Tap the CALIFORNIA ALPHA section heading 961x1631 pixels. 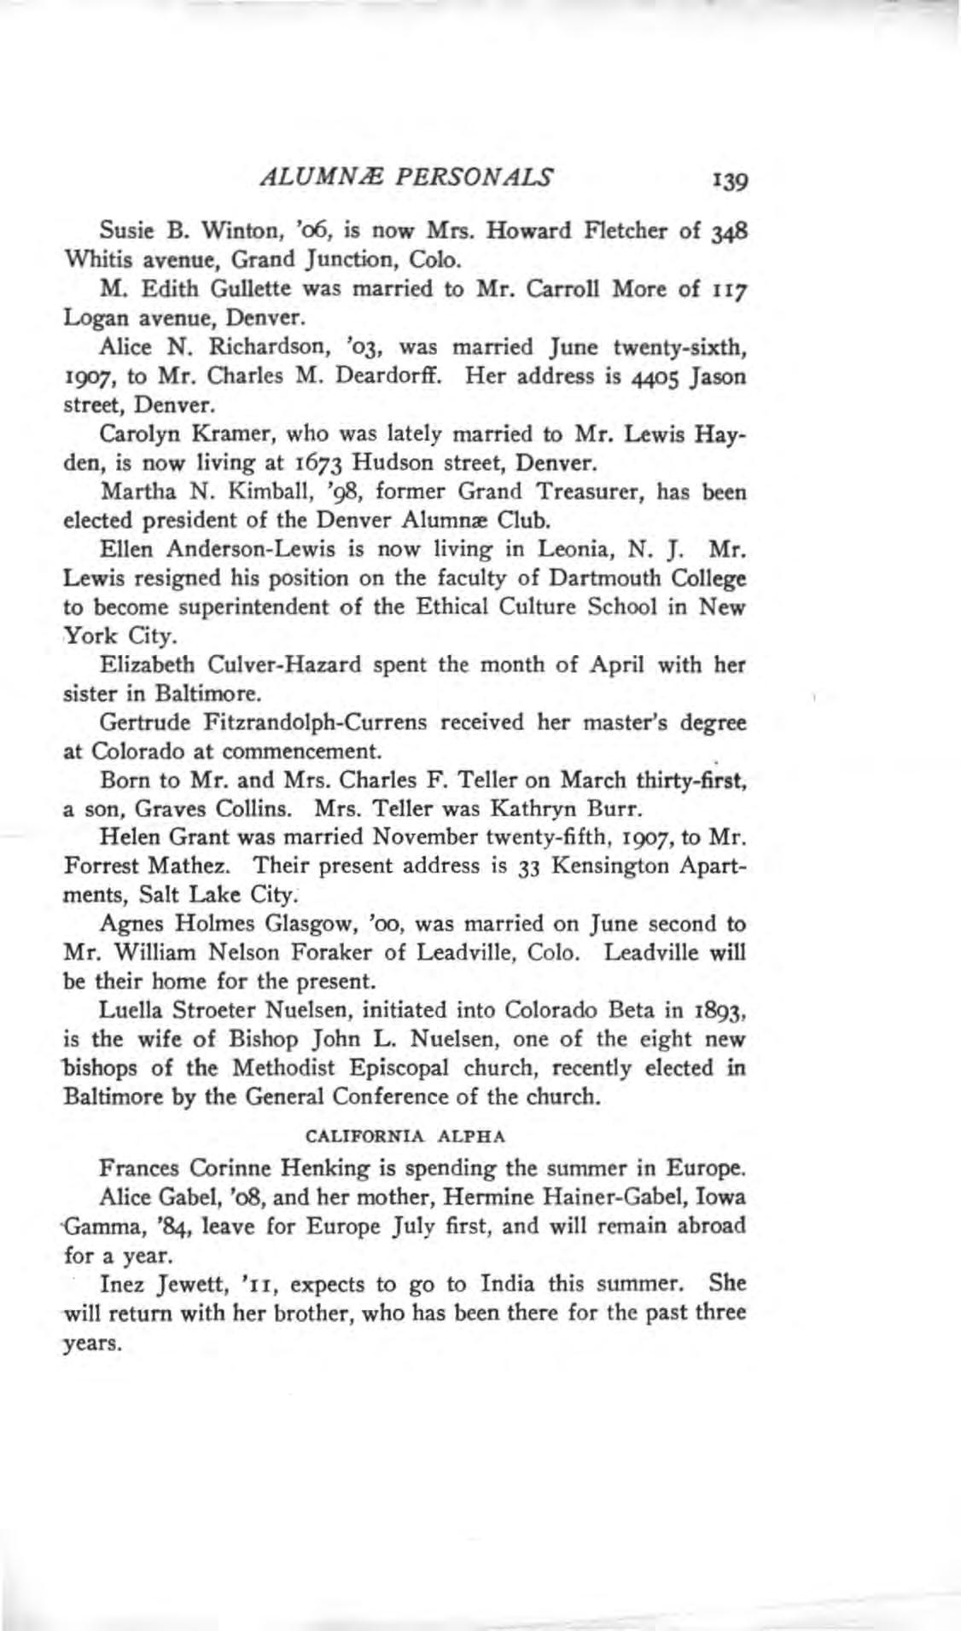point(407,1136)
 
